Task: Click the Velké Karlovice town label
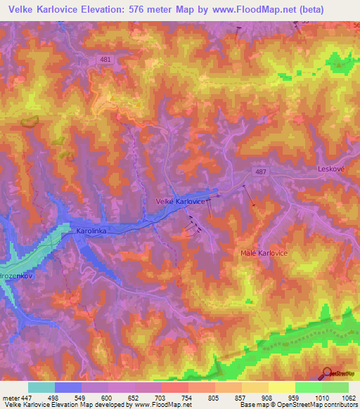pos(180,201)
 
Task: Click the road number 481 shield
pos(105,60)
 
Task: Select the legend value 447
pos(27,397)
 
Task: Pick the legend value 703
pos(161,397)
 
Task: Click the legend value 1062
pos(349,397)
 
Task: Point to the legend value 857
pos(240,397)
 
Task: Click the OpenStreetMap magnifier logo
pos(328,373)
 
